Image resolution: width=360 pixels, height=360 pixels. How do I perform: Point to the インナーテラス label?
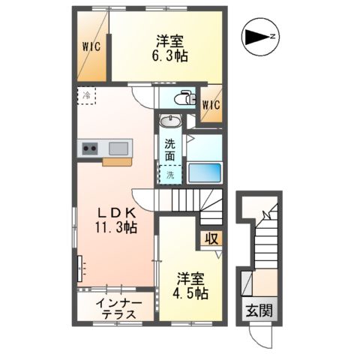(116, 309)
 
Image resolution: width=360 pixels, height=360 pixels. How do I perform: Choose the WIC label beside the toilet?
(211, 104)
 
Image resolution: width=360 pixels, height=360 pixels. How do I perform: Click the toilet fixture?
(183, 98)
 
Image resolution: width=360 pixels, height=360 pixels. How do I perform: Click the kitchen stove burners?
(90, 148)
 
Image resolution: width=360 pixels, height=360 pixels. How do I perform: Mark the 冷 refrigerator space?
(86, 96)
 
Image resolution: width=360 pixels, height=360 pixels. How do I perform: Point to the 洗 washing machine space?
(170, 175)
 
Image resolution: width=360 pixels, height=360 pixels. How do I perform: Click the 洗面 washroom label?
(170, 150)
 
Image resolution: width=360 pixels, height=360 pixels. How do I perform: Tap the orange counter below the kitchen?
(116, 160)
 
